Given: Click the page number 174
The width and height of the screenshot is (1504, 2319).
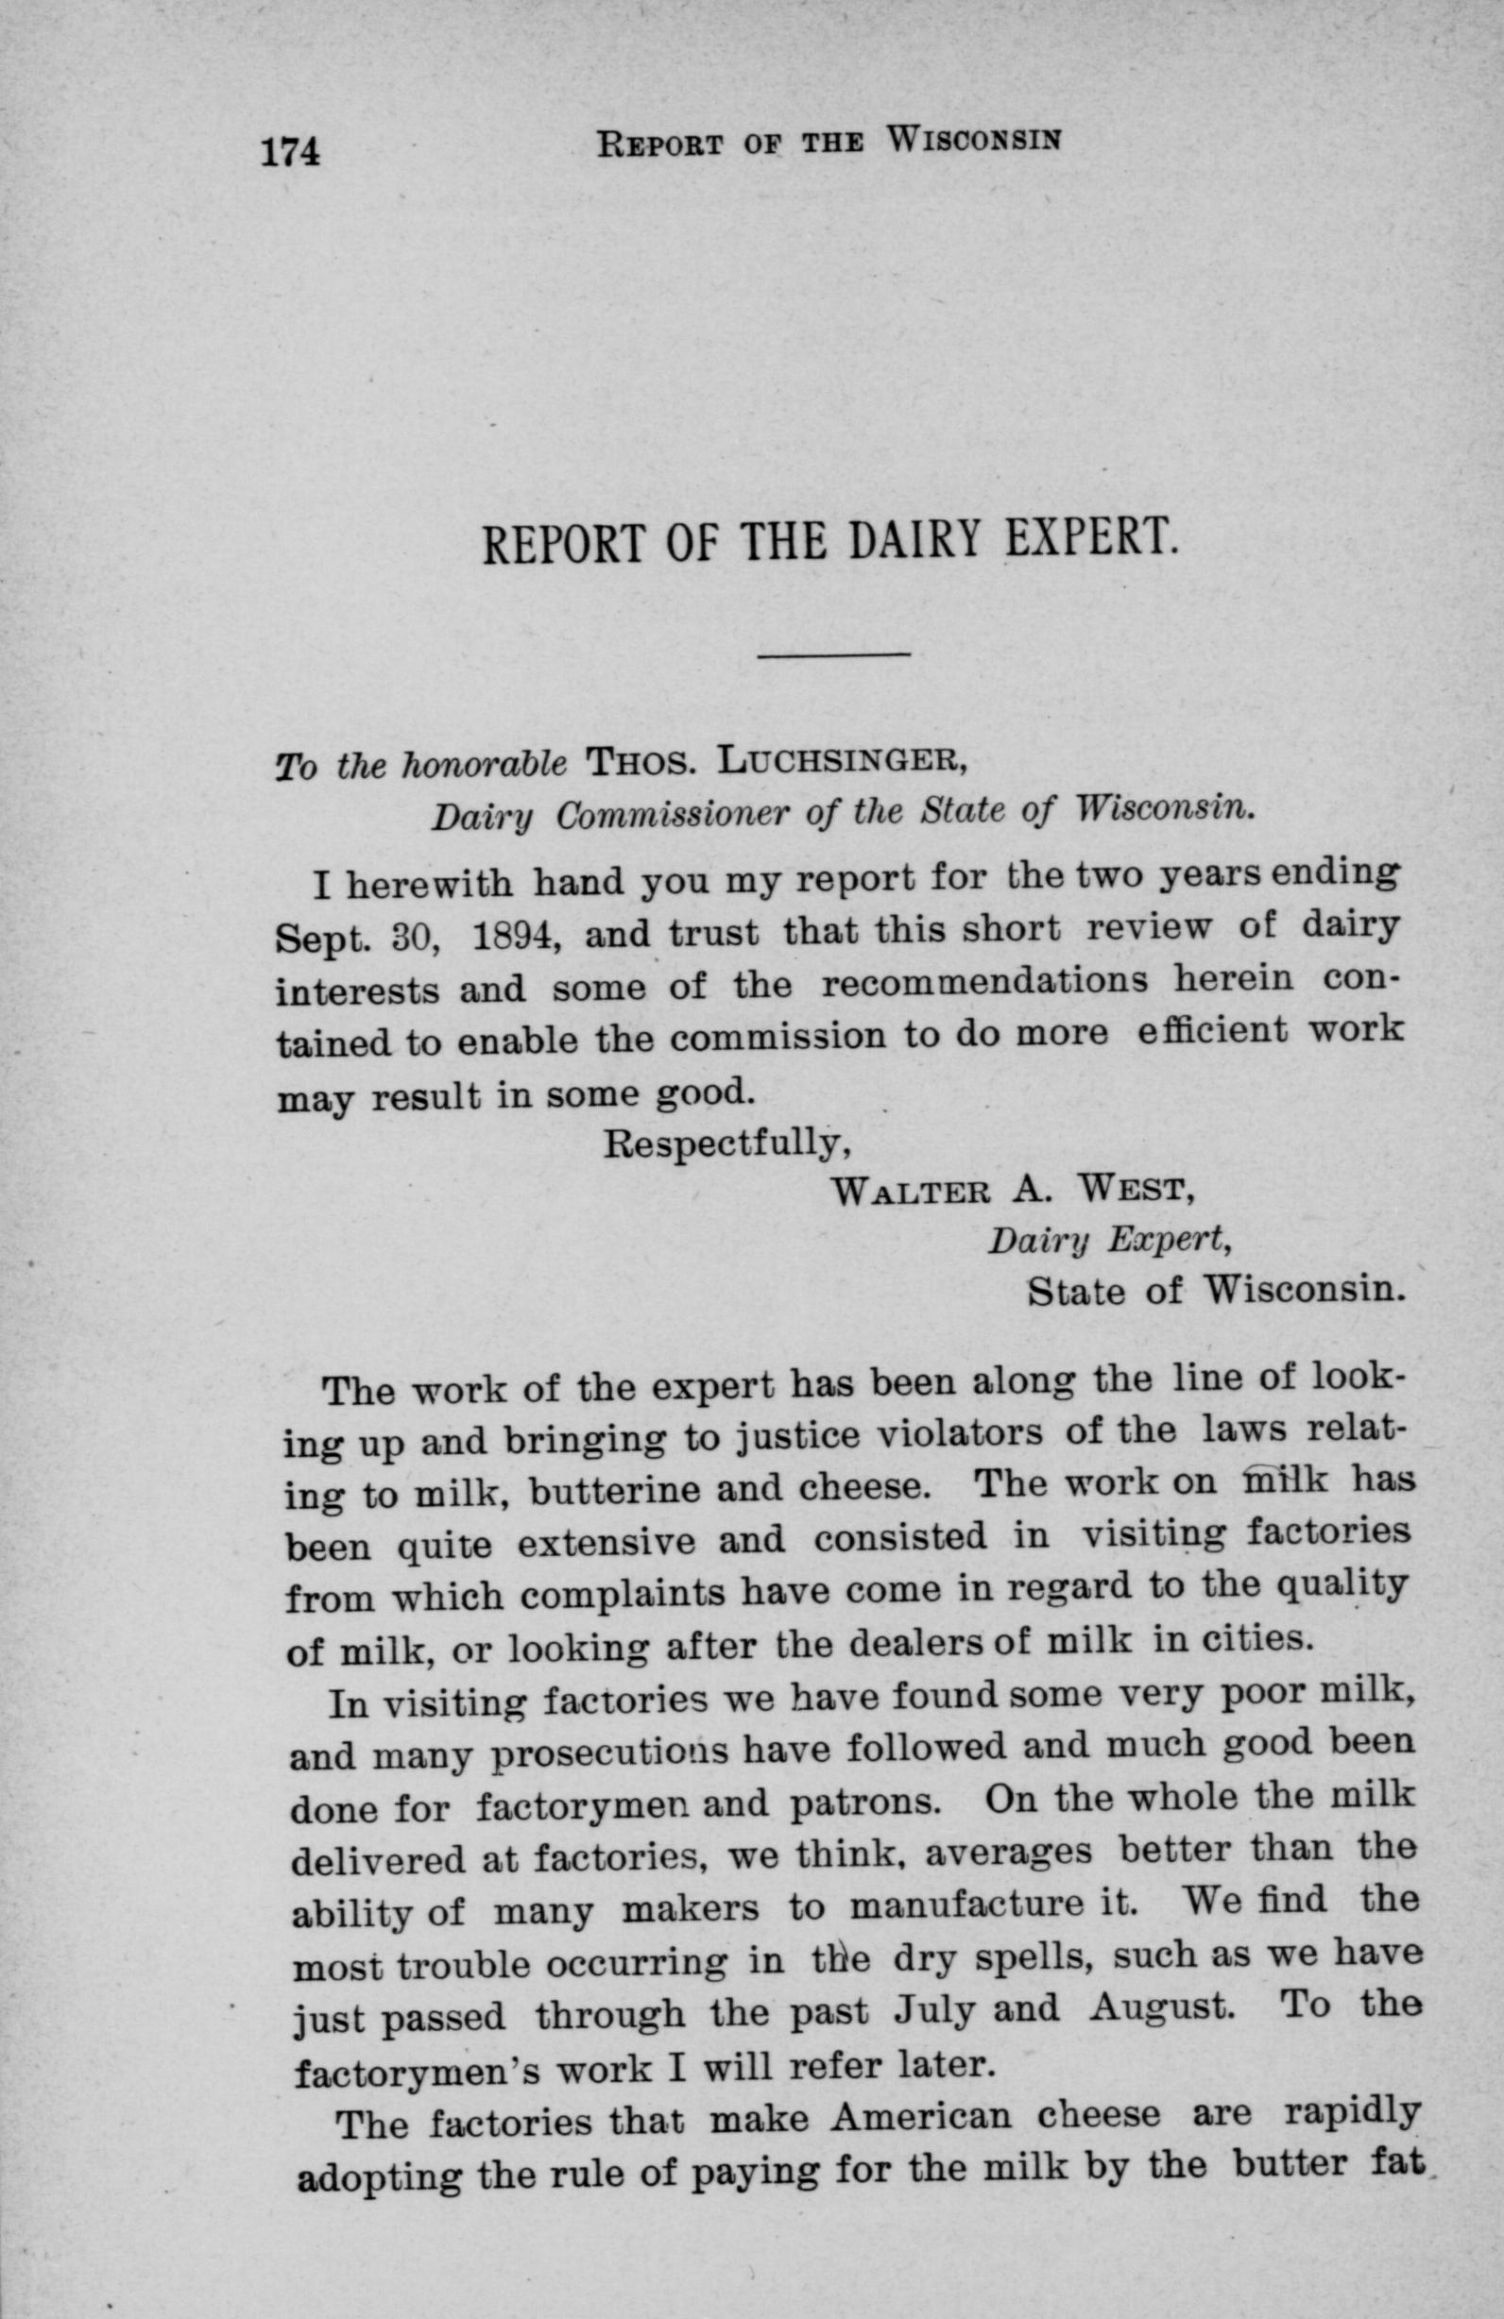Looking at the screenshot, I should (289, 152).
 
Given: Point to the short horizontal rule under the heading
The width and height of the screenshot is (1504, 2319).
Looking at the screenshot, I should (833, 653).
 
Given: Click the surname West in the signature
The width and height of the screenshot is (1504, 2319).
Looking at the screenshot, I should (1129, 1189).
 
